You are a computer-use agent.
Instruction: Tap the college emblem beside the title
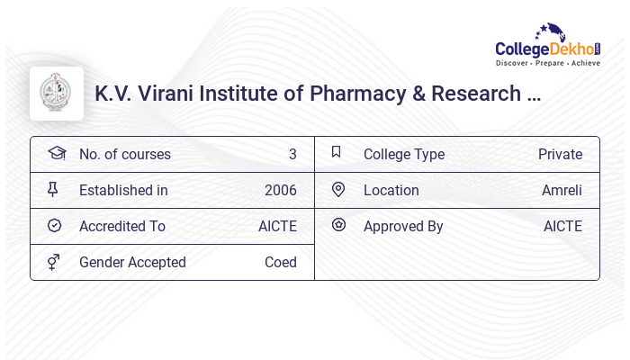coord(57,94)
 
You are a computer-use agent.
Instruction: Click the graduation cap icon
coord(56,153)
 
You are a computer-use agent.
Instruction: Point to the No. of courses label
coord(124,154)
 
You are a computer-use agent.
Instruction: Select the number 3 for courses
coord(292,154)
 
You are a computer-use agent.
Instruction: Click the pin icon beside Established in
coord(54,190)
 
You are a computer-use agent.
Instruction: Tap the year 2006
coord(280,190)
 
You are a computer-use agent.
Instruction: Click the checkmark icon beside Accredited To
coord(54,226)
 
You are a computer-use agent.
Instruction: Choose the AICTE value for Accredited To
coord(277,226)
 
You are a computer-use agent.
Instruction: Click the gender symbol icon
coord(54,262)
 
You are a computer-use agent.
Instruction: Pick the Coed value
coord(280,262)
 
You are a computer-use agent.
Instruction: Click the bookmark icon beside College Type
coord(337,153)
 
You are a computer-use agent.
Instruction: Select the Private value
coord(560,154)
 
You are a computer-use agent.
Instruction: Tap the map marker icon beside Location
coord(338,189)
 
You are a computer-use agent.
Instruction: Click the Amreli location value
coord(562,190)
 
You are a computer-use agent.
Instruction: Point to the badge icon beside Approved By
coord(338,225)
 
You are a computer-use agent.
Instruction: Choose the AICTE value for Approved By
coord(562,226)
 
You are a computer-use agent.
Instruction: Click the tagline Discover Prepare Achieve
coord(547,63)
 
